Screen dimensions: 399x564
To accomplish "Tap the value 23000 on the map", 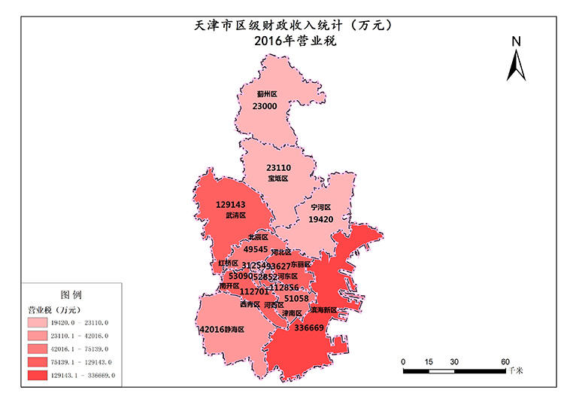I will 265,107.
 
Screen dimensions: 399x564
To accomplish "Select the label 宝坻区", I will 277,179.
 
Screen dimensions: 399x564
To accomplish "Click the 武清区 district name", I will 235,215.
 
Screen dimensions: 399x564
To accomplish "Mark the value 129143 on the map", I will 232,204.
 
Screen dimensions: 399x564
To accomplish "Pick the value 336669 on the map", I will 309,328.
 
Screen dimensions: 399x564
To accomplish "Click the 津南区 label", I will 292,312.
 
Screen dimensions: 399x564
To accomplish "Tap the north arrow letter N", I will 516,42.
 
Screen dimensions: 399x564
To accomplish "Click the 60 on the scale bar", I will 506,361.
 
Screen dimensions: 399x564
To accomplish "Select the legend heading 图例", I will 71,294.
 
